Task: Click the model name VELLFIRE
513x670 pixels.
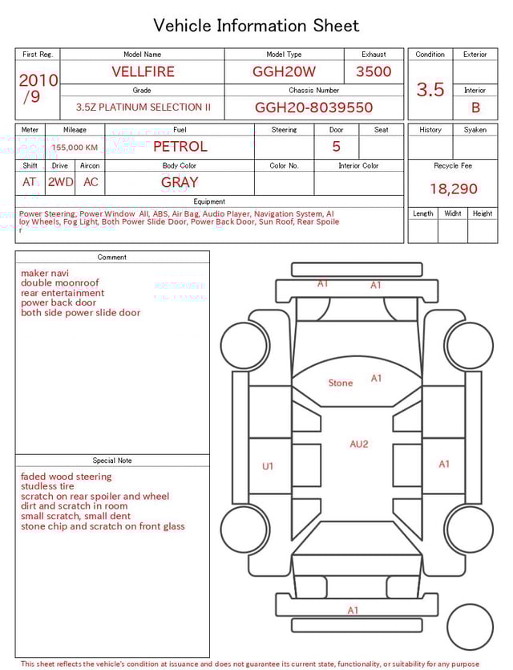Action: (143, 71)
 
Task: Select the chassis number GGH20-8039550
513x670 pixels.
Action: (313, 108)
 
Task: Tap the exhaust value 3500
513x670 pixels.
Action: (374, 71)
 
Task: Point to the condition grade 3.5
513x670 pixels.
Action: (430, 90)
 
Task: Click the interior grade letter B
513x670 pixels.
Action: (475, 108)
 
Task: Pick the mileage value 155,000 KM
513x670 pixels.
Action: (75, 148)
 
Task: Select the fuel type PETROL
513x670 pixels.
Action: (180, 146)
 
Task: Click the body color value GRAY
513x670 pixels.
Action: (180, 182)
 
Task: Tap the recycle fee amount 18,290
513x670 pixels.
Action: (453, 189)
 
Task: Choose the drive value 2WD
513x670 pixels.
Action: (60, 182)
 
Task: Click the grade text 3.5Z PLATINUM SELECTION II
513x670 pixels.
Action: (143, 108)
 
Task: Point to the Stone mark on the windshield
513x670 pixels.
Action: (341, 383)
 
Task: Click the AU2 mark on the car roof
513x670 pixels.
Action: (359, 444)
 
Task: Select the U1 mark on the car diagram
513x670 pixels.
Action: (268, 466)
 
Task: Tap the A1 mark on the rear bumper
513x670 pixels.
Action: (353, 611)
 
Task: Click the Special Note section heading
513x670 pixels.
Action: (112, 461)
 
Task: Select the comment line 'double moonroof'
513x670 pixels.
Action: (60, 283)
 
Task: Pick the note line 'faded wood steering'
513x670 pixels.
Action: (67, 477)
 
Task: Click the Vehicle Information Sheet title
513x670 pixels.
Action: (256, 26)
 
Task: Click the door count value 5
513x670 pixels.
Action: (336, 146)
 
